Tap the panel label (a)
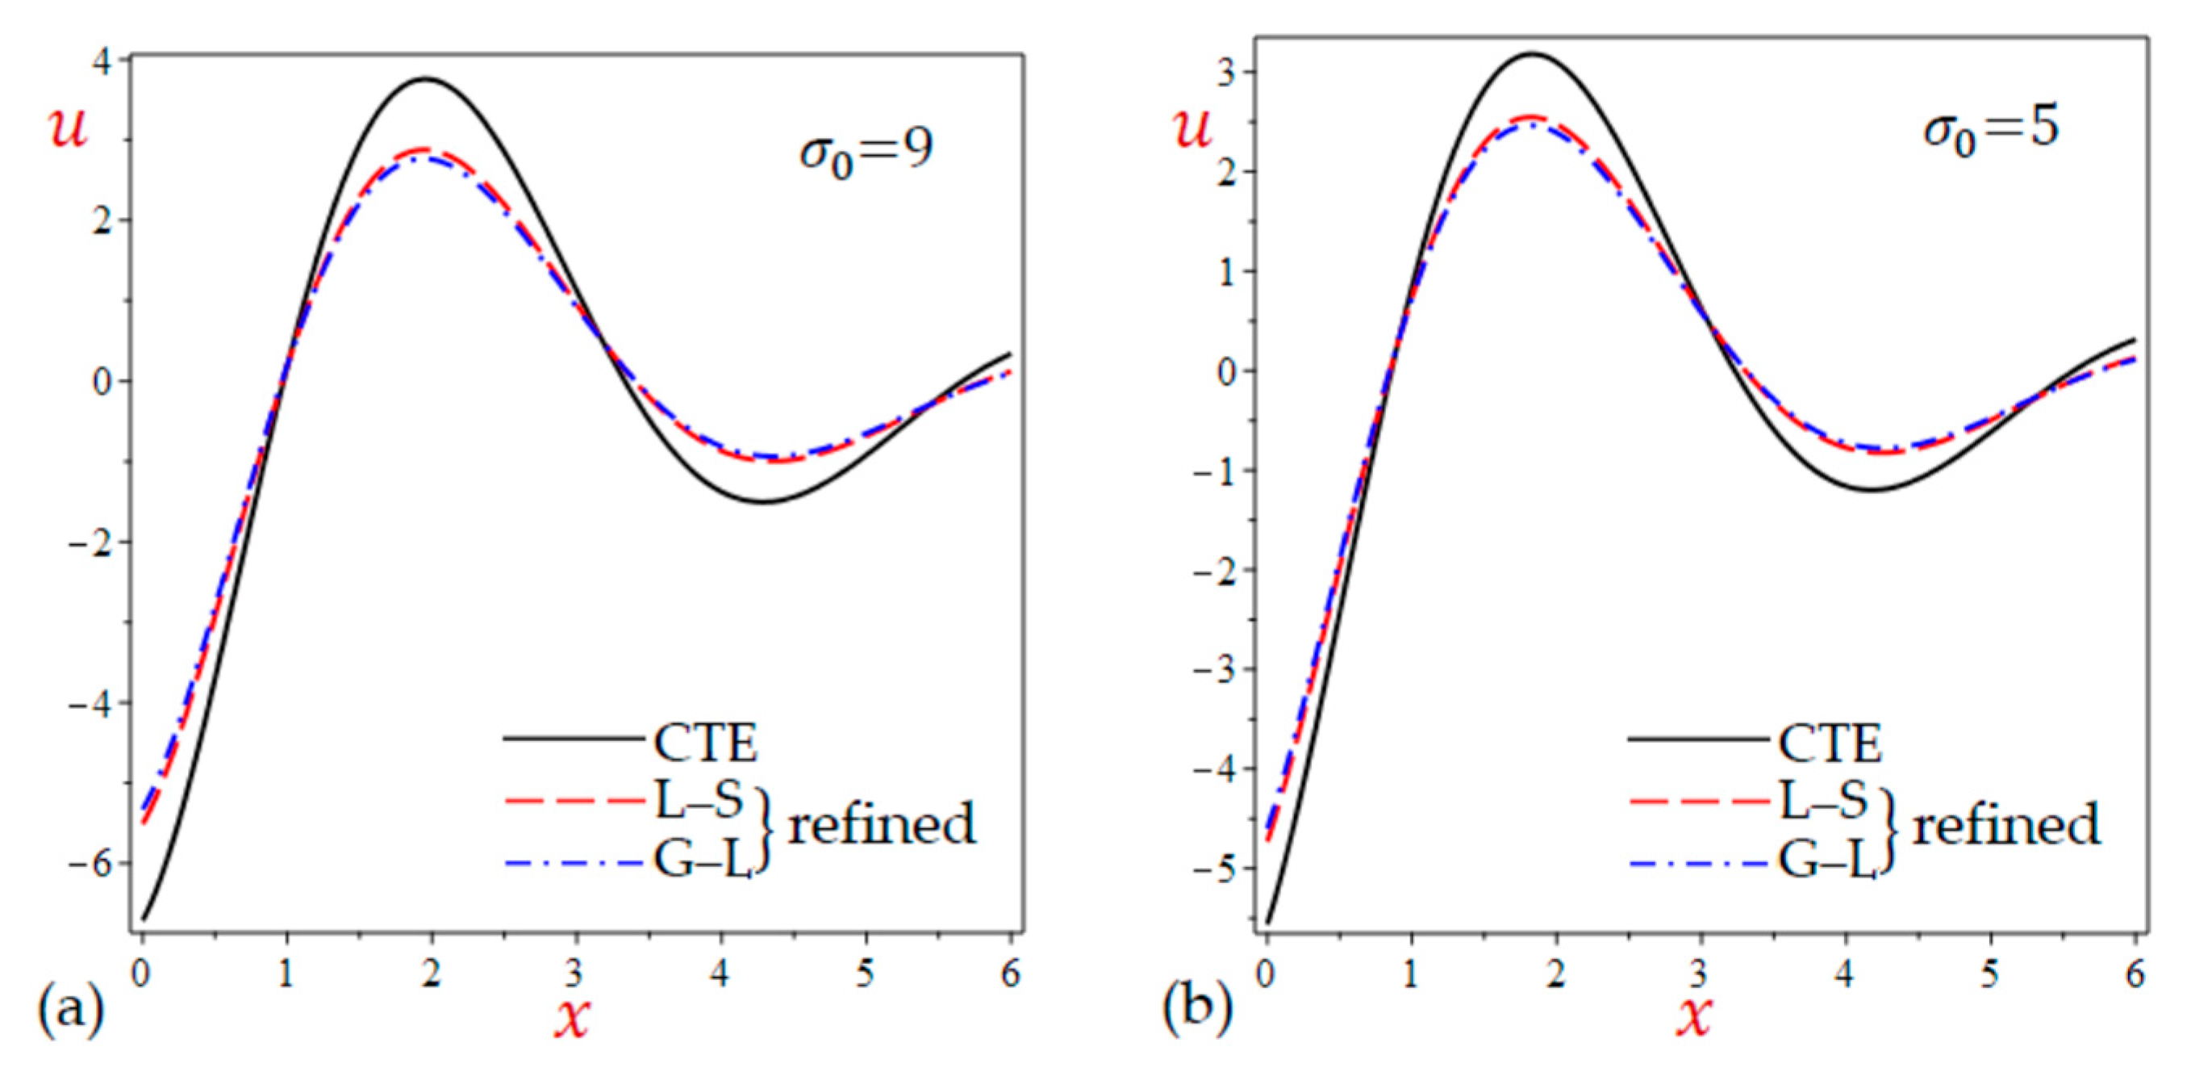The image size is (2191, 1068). tap(69, 1011)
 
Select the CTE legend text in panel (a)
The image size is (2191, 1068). tap(705, 743)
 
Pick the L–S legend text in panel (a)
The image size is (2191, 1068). tap(699, 800)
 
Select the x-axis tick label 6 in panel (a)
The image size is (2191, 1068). tap(1010, 974)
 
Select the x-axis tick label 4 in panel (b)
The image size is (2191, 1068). tap(1845, 974)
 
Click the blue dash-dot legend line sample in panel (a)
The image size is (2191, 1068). tap(574, 864)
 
